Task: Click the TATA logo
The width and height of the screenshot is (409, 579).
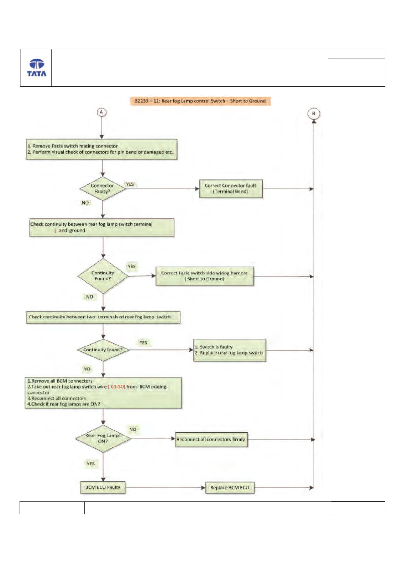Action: pos(36,68)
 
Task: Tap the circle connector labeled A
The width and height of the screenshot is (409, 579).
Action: pos(101,112)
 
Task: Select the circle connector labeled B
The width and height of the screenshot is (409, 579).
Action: pos(313,113)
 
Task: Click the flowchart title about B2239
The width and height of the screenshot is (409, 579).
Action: pos(200,101)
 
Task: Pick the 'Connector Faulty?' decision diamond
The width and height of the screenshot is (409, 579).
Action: pos(102,188)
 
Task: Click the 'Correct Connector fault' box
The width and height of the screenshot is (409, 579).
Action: pos(230,188)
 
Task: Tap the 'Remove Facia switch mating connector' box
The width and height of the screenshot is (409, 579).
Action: pos(102,149)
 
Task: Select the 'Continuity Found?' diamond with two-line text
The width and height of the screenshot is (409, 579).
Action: pos(103,276)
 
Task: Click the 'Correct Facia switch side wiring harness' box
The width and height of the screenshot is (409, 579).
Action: pos(205,276)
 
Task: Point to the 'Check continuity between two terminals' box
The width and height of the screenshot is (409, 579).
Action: pos(103,317)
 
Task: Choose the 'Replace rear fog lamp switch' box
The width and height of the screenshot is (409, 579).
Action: pos(229,350)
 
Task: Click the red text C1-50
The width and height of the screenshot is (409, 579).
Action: pos(117,387)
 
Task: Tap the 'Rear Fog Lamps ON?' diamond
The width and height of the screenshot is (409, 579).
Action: pos(103,438)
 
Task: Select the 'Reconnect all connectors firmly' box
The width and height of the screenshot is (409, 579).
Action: pos(211,439)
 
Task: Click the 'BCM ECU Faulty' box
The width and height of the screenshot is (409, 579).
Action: pos(103,487)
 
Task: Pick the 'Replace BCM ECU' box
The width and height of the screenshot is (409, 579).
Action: pos(229,488)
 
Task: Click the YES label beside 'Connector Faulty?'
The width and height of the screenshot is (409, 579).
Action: pos(130,184)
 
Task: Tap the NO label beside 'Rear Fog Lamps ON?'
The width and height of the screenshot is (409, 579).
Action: pos(133,430)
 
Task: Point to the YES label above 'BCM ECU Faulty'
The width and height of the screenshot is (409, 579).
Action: pos(91,464)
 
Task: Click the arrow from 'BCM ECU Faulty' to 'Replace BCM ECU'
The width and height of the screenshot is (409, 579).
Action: pos(165,488)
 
